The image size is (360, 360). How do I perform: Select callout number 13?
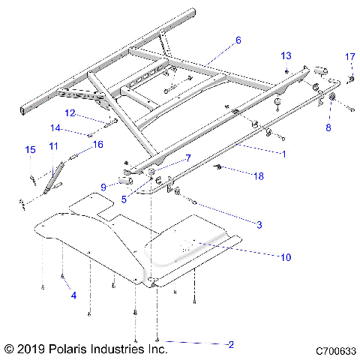click(x=286, y=56)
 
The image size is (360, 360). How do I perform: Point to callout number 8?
click(x=327, y=128)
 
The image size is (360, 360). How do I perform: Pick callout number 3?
click(x=259, y=224)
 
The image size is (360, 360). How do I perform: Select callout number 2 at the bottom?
click(x=231, y=344)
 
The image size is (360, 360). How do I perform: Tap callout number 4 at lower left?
click(x=73, y=296)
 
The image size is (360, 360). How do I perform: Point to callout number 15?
click(x=30, y=151)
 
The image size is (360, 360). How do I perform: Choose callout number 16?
click(x=97, y=145)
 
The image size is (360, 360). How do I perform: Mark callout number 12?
click(x=69, y=113)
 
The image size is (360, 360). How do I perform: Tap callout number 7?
click(x=188, y=157)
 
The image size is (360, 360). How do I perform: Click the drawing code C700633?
click(x=335, y=350)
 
